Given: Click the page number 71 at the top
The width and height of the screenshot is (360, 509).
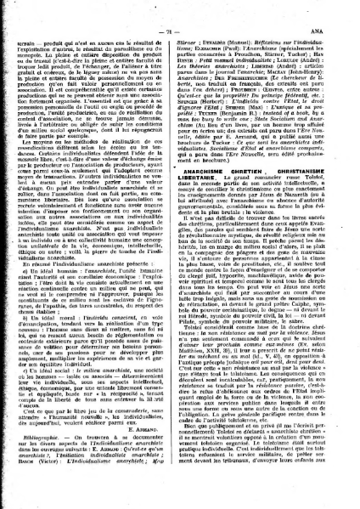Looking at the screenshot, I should [179, 9].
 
